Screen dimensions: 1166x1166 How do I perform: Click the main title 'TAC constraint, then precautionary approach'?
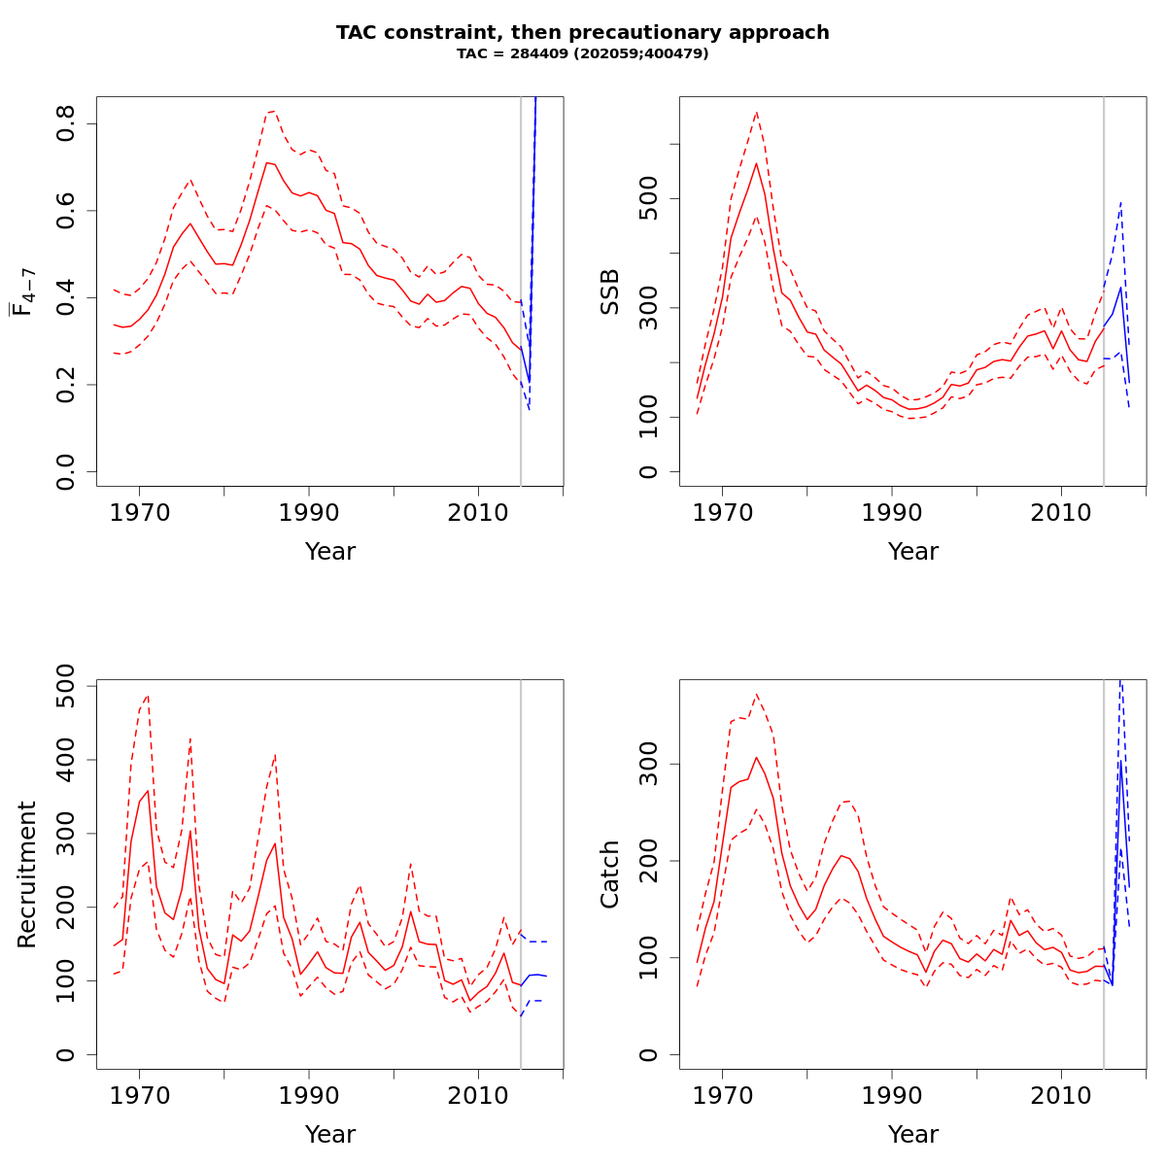coord(583,32)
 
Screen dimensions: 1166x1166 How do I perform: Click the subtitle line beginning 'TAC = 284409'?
coord(583,53)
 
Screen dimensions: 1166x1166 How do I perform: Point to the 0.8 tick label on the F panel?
coord(66,124)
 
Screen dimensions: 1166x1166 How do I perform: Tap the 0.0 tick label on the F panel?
coord(66,471)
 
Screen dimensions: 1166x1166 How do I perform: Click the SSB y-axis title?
coord(609,291)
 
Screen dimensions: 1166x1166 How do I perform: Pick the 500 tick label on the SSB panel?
coord(649,199)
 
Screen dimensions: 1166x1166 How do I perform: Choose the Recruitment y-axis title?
coord(26,874)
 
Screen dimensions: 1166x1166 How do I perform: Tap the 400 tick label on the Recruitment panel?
coord(66,760)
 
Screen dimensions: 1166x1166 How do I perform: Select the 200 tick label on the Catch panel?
coord(649,861)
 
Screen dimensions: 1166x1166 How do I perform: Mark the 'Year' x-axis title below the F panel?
coord(330,552)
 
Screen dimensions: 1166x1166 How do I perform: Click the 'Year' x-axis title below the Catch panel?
coord(913,1135)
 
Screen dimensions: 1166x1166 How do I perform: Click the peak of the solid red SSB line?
coord(756,162)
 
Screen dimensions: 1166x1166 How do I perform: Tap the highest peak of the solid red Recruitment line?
coord(148,791)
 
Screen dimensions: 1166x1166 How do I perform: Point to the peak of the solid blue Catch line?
coord(1120,761)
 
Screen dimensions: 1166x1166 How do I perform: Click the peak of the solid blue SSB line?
coord(1120,287)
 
